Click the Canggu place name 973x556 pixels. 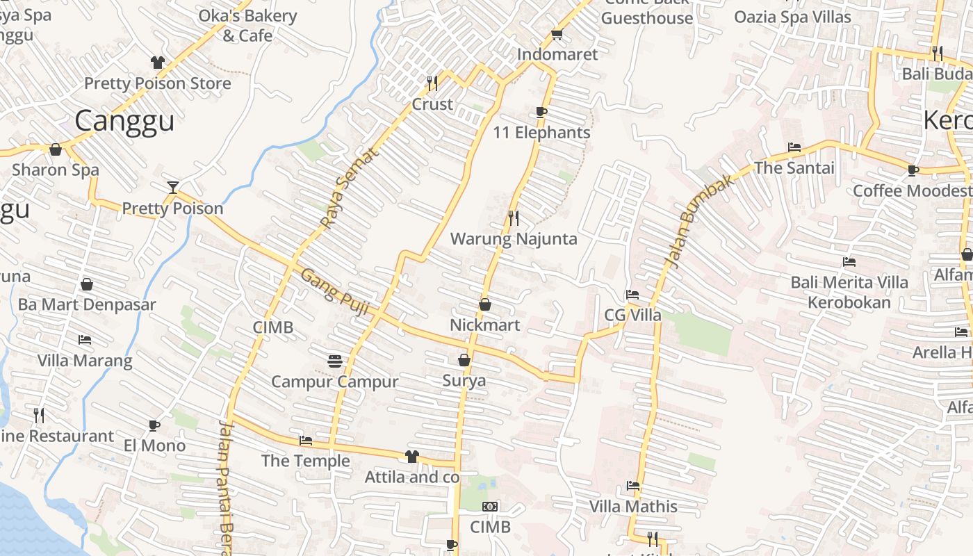[x=124, y=121]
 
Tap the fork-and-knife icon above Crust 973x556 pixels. [x=432, y=83]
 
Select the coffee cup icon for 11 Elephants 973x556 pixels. [x=541, y=112]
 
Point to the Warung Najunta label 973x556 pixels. [x=514, y=239]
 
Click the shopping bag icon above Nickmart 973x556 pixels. [x=485, y=304]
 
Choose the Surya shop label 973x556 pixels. [x=464, y=381]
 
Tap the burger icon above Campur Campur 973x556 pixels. [x=335, y=361]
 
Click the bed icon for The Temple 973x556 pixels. [x=305, y=440]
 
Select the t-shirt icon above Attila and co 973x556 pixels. [x=412, y=457]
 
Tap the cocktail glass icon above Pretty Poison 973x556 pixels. [x=172, y=187]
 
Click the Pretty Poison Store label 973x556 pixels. [x=157, y=83]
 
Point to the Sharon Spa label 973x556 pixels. [x=56, y=170]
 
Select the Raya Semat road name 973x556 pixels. [x=349, y=188]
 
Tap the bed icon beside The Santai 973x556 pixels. [x=794, y=147]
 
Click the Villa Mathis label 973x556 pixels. [x=633, y=506]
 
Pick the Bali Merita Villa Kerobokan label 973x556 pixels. [x=849, y=292]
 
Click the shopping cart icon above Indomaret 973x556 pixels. [x=557, y=34]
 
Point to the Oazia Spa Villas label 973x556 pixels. [x=792, y=17]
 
